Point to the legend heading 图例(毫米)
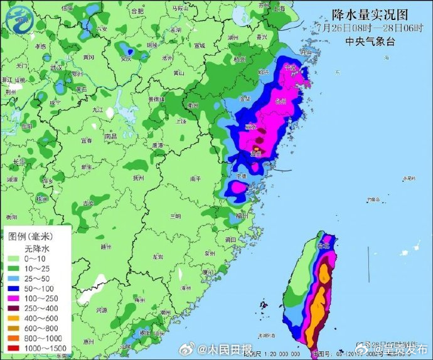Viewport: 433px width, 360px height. (x=30, y=236)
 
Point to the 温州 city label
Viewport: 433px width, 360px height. (x=256, y=153)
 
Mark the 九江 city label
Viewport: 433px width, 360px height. (x=97, y=109)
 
